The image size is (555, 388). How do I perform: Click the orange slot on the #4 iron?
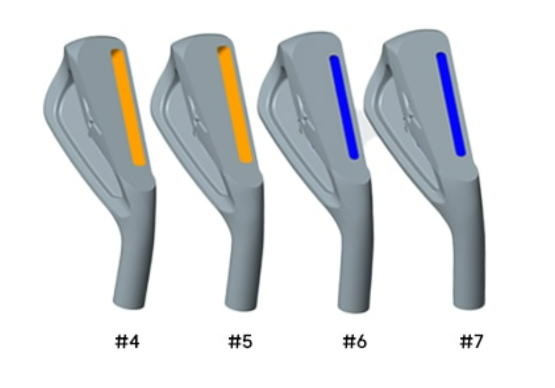128,106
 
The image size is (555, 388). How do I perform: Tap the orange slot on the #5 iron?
235,104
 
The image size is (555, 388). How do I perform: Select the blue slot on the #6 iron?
344,107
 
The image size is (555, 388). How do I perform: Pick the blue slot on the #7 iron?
451,104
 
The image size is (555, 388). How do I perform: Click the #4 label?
127,342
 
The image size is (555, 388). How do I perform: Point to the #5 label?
240,342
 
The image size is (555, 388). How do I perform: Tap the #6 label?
355,342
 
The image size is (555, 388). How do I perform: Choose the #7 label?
471,342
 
